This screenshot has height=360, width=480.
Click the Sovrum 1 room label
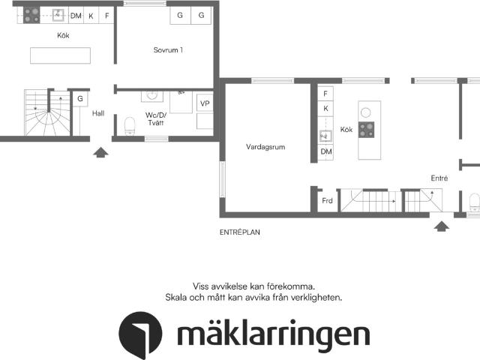pyautogui.click(x=168, y=50)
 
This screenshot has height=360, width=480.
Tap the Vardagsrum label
pyautogui.click(x=265, y=147)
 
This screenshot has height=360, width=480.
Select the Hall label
pyautogui.click(x=98, y=114)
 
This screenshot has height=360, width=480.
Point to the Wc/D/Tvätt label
pyautogui.click(x=157, y=118)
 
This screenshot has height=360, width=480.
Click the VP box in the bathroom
pyautogui.click(x=204, y=103)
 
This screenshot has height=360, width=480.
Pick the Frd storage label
pyautogui.click(x=327, y=201)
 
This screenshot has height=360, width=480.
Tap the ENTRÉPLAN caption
pyautogui.click(x=239, y=232)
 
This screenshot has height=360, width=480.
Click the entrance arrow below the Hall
pyautogui.click(x=100, y=153)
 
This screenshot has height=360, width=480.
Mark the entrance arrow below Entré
pyautogui.click(x=442, y=225)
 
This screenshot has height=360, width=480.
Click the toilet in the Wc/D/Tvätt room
pyautogui.click(x=130, y=124)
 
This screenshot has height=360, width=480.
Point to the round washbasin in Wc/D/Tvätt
pyautogui.click(x=152, y=95)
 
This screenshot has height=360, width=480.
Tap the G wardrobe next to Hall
pyautogui.click(x=79, y=98)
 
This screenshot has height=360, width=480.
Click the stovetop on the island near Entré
pyautogui.click(x=367, y=129)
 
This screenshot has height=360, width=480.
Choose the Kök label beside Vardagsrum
pyautogui.click(x=346, y=130)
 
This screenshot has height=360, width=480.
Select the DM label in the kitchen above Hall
pyautogui.click(x=76, y=15)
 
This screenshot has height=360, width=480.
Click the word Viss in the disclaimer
pyautogui.click(x=201, y=286)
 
